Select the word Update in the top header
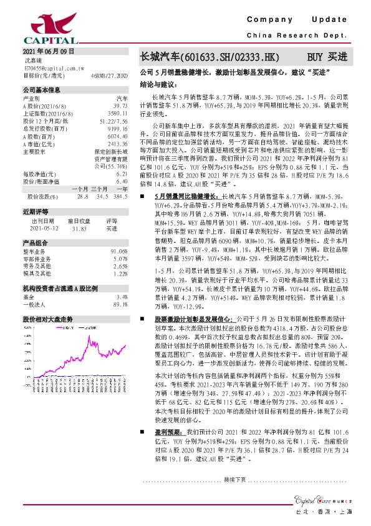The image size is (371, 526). (334, 21)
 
